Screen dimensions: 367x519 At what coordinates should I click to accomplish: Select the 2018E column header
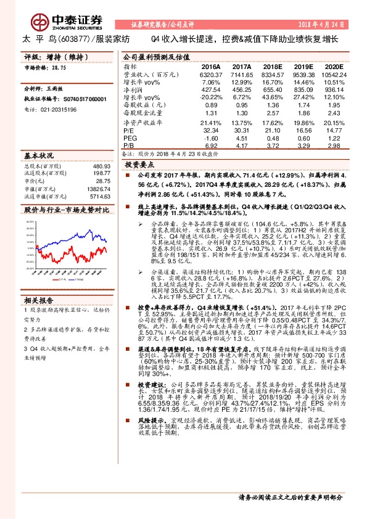272,66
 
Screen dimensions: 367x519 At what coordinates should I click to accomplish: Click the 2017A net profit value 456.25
242,90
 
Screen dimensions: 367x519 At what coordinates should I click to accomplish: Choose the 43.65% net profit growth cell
271,98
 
